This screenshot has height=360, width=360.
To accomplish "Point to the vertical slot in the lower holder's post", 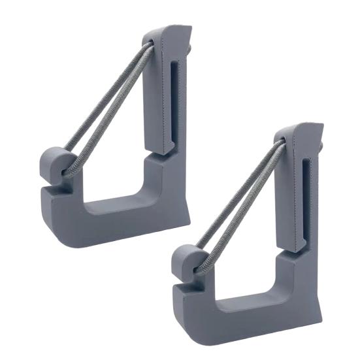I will pos(306,196).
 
